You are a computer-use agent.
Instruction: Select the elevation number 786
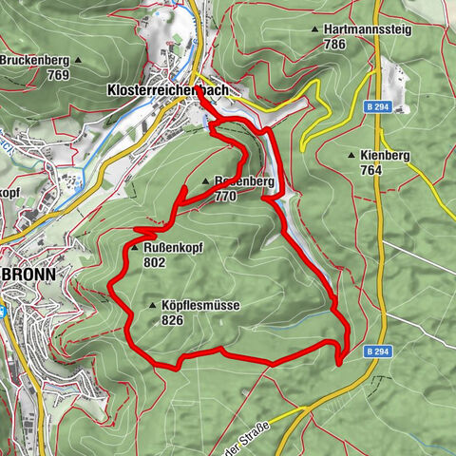coord(360,44)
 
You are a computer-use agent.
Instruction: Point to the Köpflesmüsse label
coord(200,306)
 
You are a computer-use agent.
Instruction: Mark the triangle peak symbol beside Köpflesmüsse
coord(153,306)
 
